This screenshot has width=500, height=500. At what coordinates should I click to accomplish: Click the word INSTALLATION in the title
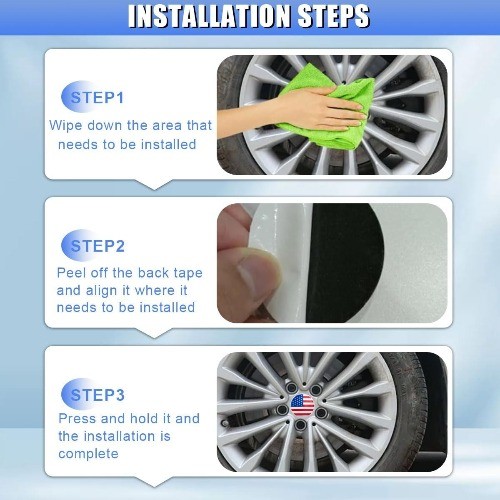pos(210,16)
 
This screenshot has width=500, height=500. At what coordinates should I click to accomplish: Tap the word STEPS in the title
pos(334,16)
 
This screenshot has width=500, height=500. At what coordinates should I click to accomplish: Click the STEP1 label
pos(97,98)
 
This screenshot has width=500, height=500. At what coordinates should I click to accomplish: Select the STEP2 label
pos(97,246)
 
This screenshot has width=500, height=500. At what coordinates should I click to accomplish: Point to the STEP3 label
pos(97,395)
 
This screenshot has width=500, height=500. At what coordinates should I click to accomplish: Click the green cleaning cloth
pos(328,107)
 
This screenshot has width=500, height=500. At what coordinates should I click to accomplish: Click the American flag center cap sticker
pos(302,405)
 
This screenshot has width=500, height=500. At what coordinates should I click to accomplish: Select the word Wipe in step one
pos(66,126)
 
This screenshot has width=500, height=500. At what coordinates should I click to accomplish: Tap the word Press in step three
pos(77,418)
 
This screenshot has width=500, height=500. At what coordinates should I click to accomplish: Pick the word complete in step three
pos(88,454)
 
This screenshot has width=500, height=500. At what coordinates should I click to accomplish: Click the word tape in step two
pos(188,274)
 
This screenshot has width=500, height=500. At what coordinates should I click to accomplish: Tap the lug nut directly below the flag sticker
pos(301,425)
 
